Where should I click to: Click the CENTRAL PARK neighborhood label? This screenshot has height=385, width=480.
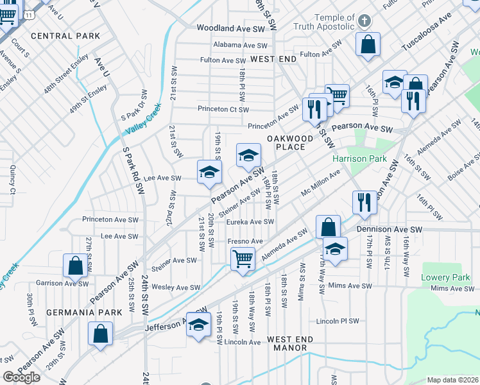click(65, 36)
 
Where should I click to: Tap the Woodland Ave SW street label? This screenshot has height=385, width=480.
click(231, 29)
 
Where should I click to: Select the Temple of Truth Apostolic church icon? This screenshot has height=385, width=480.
click(364, 21)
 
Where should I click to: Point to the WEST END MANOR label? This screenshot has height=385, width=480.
click(290, 344)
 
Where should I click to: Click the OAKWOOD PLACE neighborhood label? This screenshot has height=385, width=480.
click(291, 142)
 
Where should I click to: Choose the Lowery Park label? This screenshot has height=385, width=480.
click(441, 277)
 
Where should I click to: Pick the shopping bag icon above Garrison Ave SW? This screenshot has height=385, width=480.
click(75, 266)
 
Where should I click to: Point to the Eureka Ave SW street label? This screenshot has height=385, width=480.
click(250, 222)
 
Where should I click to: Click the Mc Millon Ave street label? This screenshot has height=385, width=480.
click(321, 184)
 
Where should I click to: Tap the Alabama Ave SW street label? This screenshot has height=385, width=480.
click(241, 46)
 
